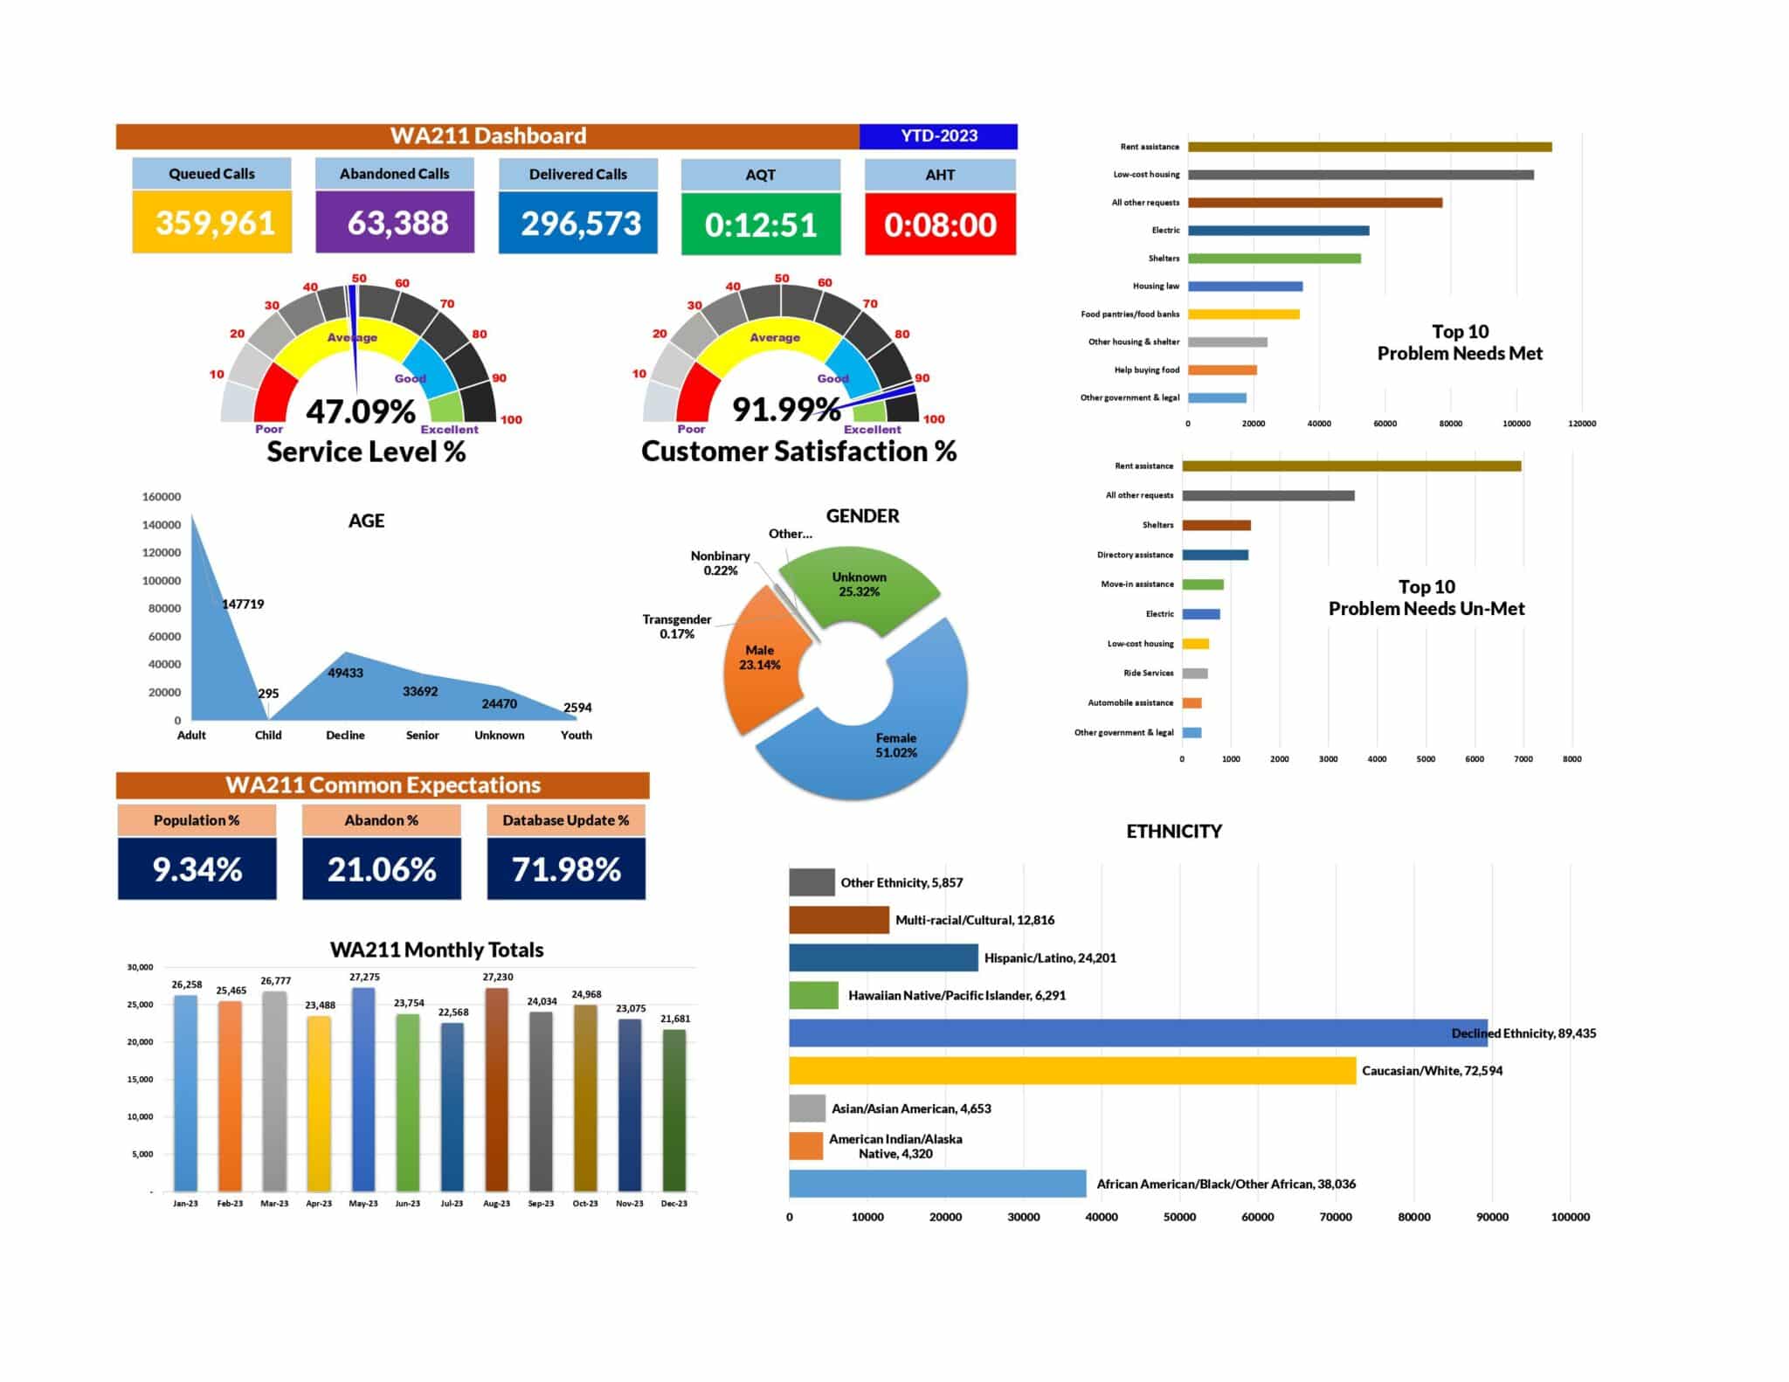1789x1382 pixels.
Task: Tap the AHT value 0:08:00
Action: (x=940, y=225)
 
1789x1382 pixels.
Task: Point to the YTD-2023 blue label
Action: (x=938, y=135)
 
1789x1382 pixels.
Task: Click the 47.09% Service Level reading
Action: (x=360, y=411)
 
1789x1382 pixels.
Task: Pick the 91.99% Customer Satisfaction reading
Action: (x=785, y=409)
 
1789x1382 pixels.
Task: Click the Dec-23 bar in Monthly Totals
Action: (x=673, y=1109)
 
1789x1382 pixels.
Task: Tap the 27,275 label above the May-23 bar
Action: (x=364, y=977)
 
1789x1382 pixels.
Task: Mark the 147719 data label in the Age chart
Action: (x=243, y=604)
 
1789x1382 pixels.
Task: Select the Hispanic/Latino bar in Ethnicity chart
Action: (x=883, y=957)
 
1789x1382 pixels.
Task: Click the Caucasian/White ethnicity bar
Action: (x=1072, y=1070)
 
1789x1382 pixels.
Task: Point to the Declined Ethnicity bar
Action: (x=1136, y=1033)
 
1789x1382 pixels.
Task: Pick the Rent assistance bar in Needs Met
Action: (x=1369, y=147)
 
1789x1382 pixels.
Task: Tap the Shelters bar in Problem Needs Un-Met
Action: (x=1216, y=525)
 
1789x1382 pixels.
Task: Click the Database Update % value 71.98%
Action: (x=566, y=869)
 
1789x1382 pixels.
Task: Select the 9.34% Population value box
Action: (x=197, y=869)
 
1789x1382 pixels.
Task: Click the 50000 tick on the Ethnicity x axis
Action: (x=1179, y=1217)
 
